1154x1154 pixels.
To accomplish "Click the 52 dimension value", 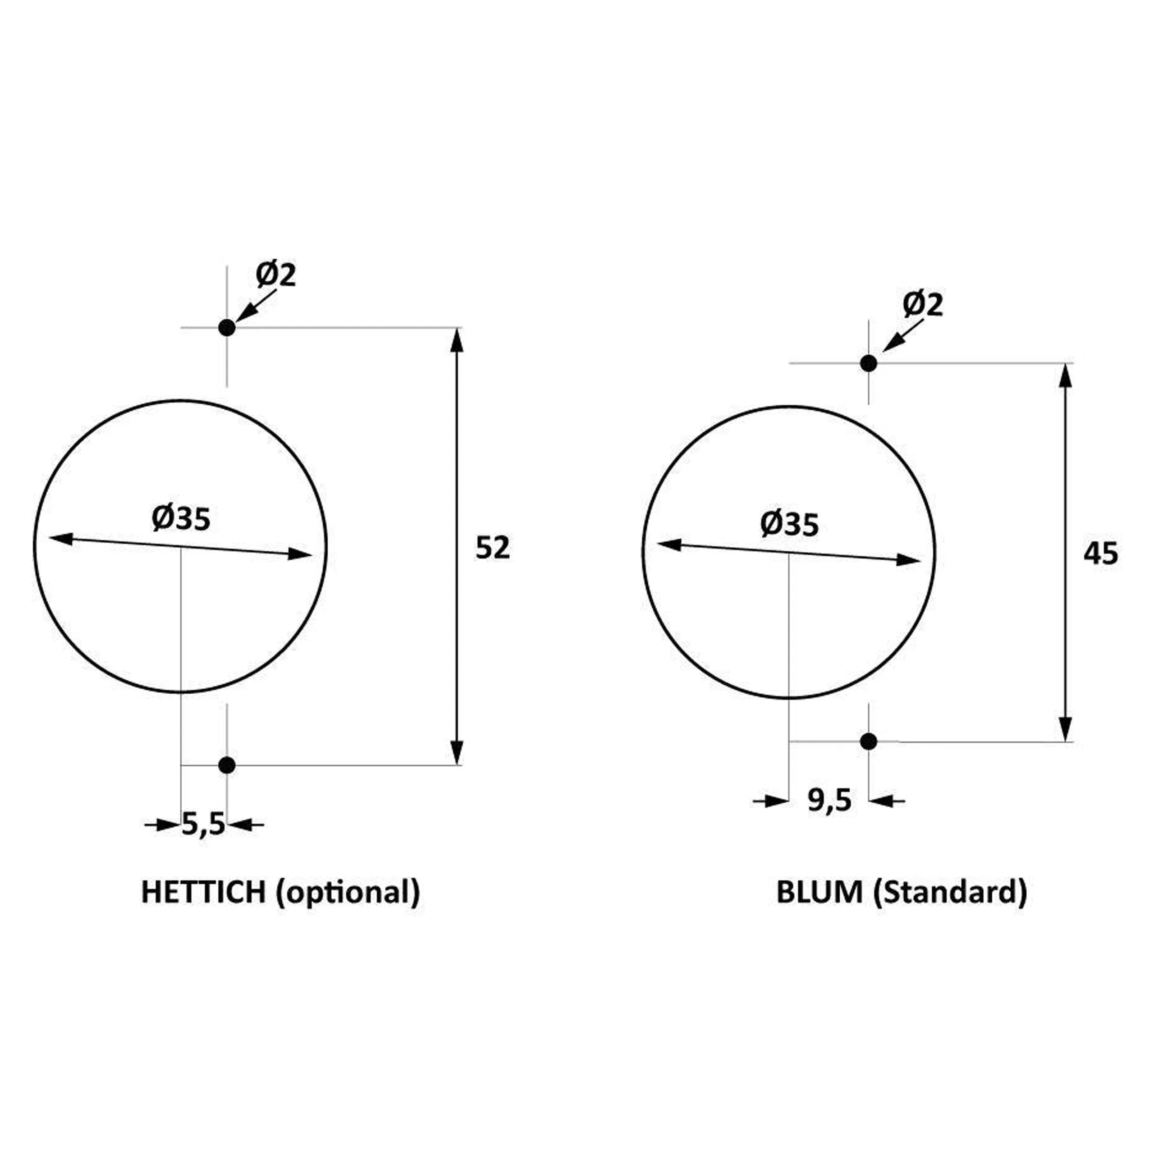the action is (x=493, y=548).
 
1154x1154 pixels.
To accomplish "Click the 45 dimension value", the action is (x=1101, y=554).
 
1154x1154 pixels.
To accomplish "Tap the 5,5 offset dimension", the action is (x=203, y=825).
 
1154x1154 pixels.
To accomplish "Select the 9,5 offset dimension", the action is (x=829, y=801).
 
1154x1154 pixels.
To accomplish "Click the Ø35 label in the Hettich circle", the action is (x=181, y=518).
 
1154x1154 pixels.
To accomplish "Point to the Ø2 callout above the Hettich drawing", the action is (x=276, y=275).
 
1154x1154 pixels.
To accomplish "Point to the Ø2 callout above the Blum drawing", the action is (x=923, y=305).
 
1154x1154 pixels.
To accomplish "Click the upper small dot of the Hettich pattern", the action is (x=227, y=327).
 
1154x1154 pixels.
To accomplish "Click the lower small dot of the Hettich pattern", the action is (x=227, y=765).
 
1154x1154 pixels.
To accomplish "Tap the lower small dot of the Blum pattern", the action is (x=869, y=741).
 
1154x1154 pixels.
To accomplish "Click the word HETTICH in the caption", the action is (x=203, y=892).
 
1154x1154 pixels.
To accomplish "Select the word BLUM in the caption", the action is (x=820, y=892).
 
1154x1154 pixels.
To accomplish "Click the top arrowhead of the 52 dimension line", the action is (x=456, y=340).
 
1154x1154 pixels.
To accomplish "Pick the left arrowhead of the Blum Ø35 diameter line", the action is (x=669, y=544).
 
